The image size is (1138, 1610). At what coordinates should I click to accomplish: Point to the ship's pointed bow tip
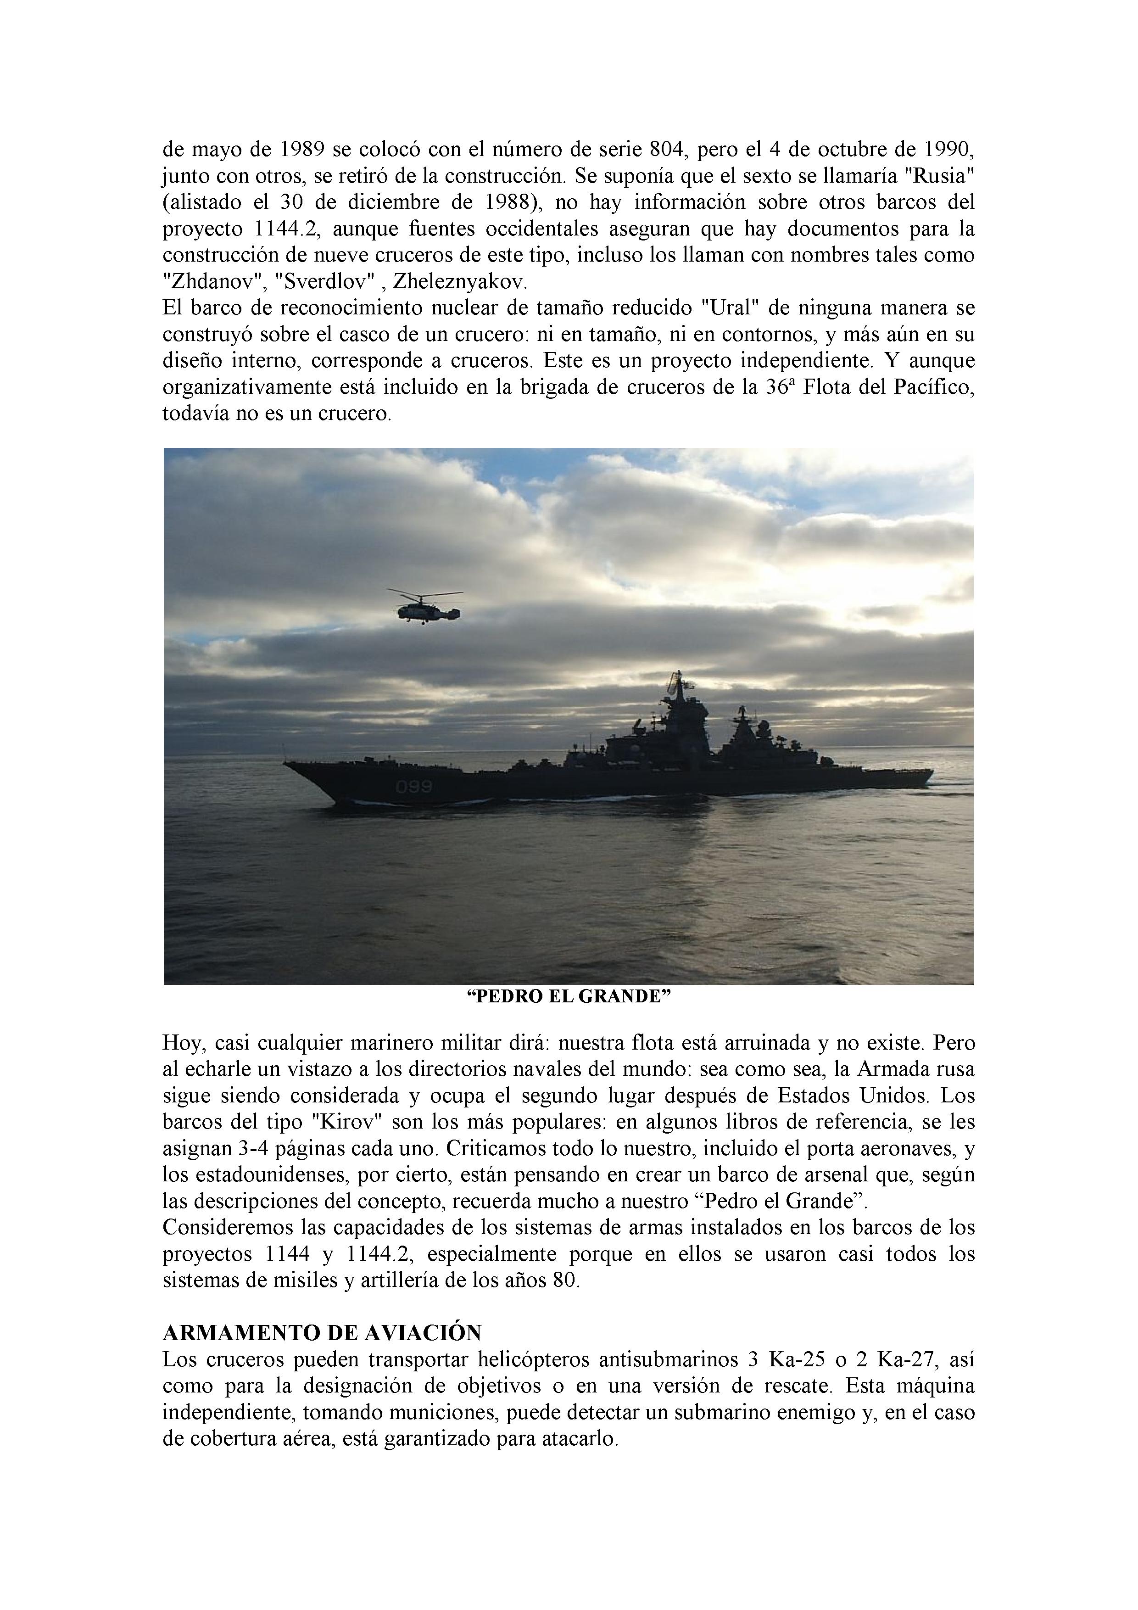pos(284,761)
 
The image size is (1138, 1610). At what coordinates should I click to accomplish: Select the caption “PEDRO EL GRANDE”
pos(569,997)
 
